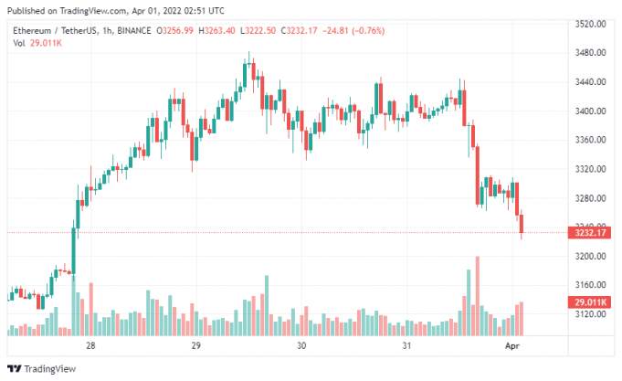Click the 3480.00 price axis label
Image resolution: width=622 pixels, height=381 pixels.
[x=590, y=53]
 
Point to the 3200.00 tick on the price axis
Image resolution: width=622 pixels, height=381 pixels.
[x=590, y=257]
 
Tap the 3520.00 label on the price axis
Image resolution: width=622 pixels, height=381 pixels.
[x=590, y=24]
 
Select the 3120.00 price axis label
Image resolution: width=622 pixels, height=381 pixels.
[x=590, y=314]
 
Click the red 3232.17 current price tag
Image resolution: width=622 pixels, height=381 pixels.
[x=589, y=233]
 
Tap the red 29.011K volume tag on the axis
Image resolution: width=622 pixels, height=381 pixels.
[x=589, y=302]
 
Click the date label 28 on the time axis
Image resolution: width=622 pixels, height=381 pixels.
[x=90, y=345]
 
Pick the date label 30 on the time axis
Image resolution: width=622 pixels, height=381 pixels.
[x=301, y=345]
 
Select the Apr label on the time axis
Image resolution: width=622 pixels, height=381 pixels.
[x=512, y=346]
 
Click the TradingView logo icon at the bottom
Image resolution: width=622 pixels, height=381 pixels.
[x=15, y=369]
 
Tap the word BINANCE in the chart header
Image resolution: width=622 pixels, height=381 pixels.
[x=133, y=30]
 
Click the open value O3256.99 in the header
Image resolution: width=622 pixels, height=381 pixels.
[x=174, y=30]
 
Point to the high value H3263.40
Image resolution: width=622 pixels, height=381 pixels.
[x=216, y=30]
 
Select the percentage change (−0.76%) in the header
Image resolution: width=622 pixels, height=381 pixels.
[x=368, y=30]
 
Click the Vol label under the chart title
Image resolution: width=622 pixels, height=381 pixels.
[x=18, y=43]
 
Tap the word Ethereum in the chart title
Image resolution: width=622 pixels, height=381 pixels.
[x=32, y=30]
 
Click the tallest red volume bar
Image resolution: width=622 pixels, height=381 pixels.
[x=477, y=296]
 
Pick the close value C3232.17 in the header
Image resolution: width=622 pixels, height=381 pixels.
[x=299, y=30]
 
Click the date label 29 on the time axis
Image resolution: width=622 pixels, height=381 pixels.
[x=196, y=345]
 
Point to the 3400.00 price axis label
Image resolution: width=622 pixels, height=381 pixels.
[x=590, y=111]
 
